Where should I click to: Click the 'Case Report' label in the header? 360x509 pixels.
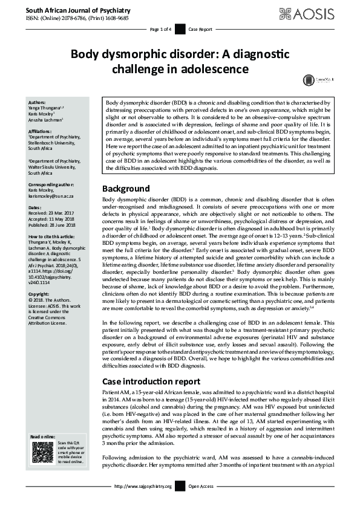[x=200, y=29]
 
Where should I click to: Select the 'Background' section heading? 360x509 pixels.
[x=125, y=171]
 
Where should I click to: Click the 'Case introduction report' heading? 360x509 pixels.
[x=151, y=381]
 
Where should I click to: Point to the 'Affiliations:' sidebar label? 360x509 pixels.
[x=42, y=131]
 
